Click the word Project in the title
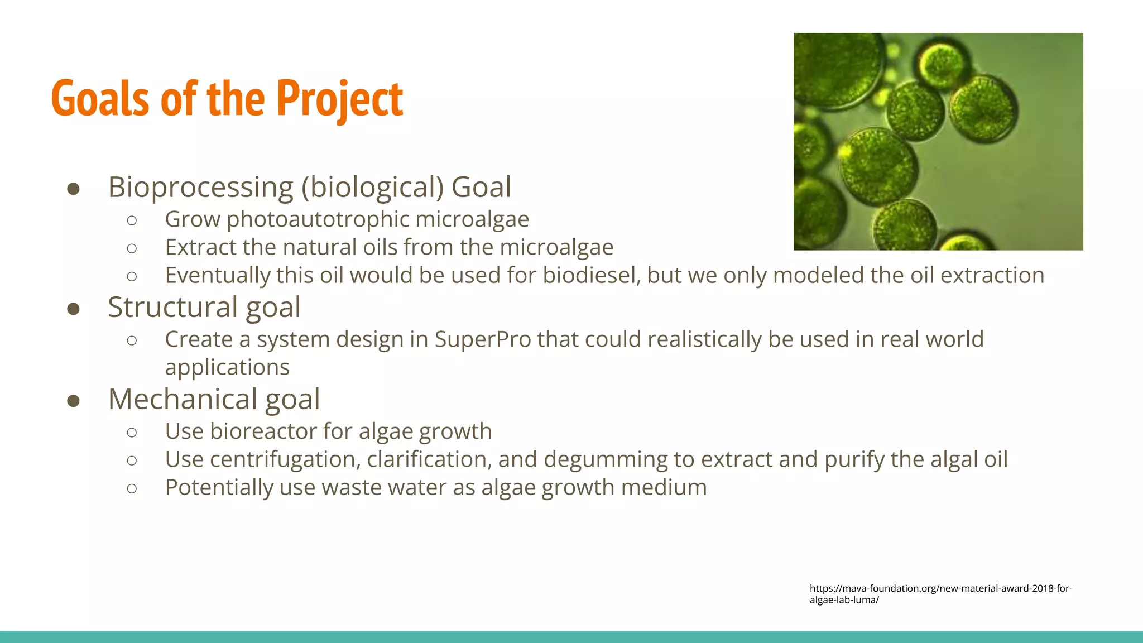(x=339, y=99)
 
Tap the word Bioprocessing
(x=200, y=187)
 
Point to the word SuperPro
(x=483, y=339)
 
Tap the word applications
(x=227, y=367)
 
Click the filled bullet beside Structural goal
(x=73, y=309)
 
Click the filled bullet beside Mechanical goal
(x=73, y=401)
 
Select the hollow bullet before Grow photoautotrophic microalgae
(x=132, y=220)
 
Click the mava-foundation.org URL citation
(x=940, y=594)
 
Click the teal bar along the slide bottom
(x=571, y=637)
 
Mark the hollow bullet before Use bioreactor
(x=132, y=433)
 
